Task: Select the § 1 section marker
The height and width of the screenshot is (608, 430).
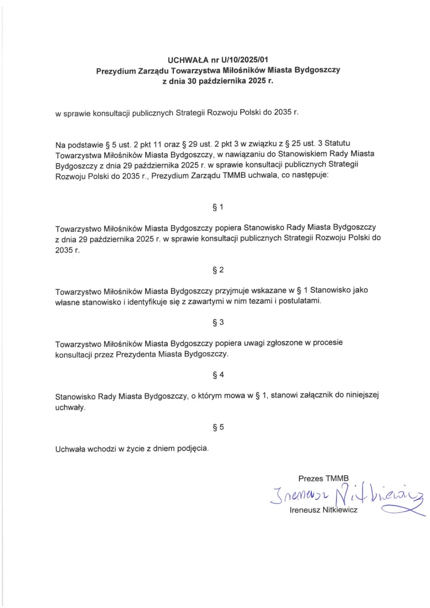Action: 218,207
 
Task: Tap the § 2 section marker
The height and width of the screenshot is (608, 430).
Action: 218,270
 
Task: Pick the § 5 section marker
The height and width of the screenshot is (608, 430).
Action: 218,427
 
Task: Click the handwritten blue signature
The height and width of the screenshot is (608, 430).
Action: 343,495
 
